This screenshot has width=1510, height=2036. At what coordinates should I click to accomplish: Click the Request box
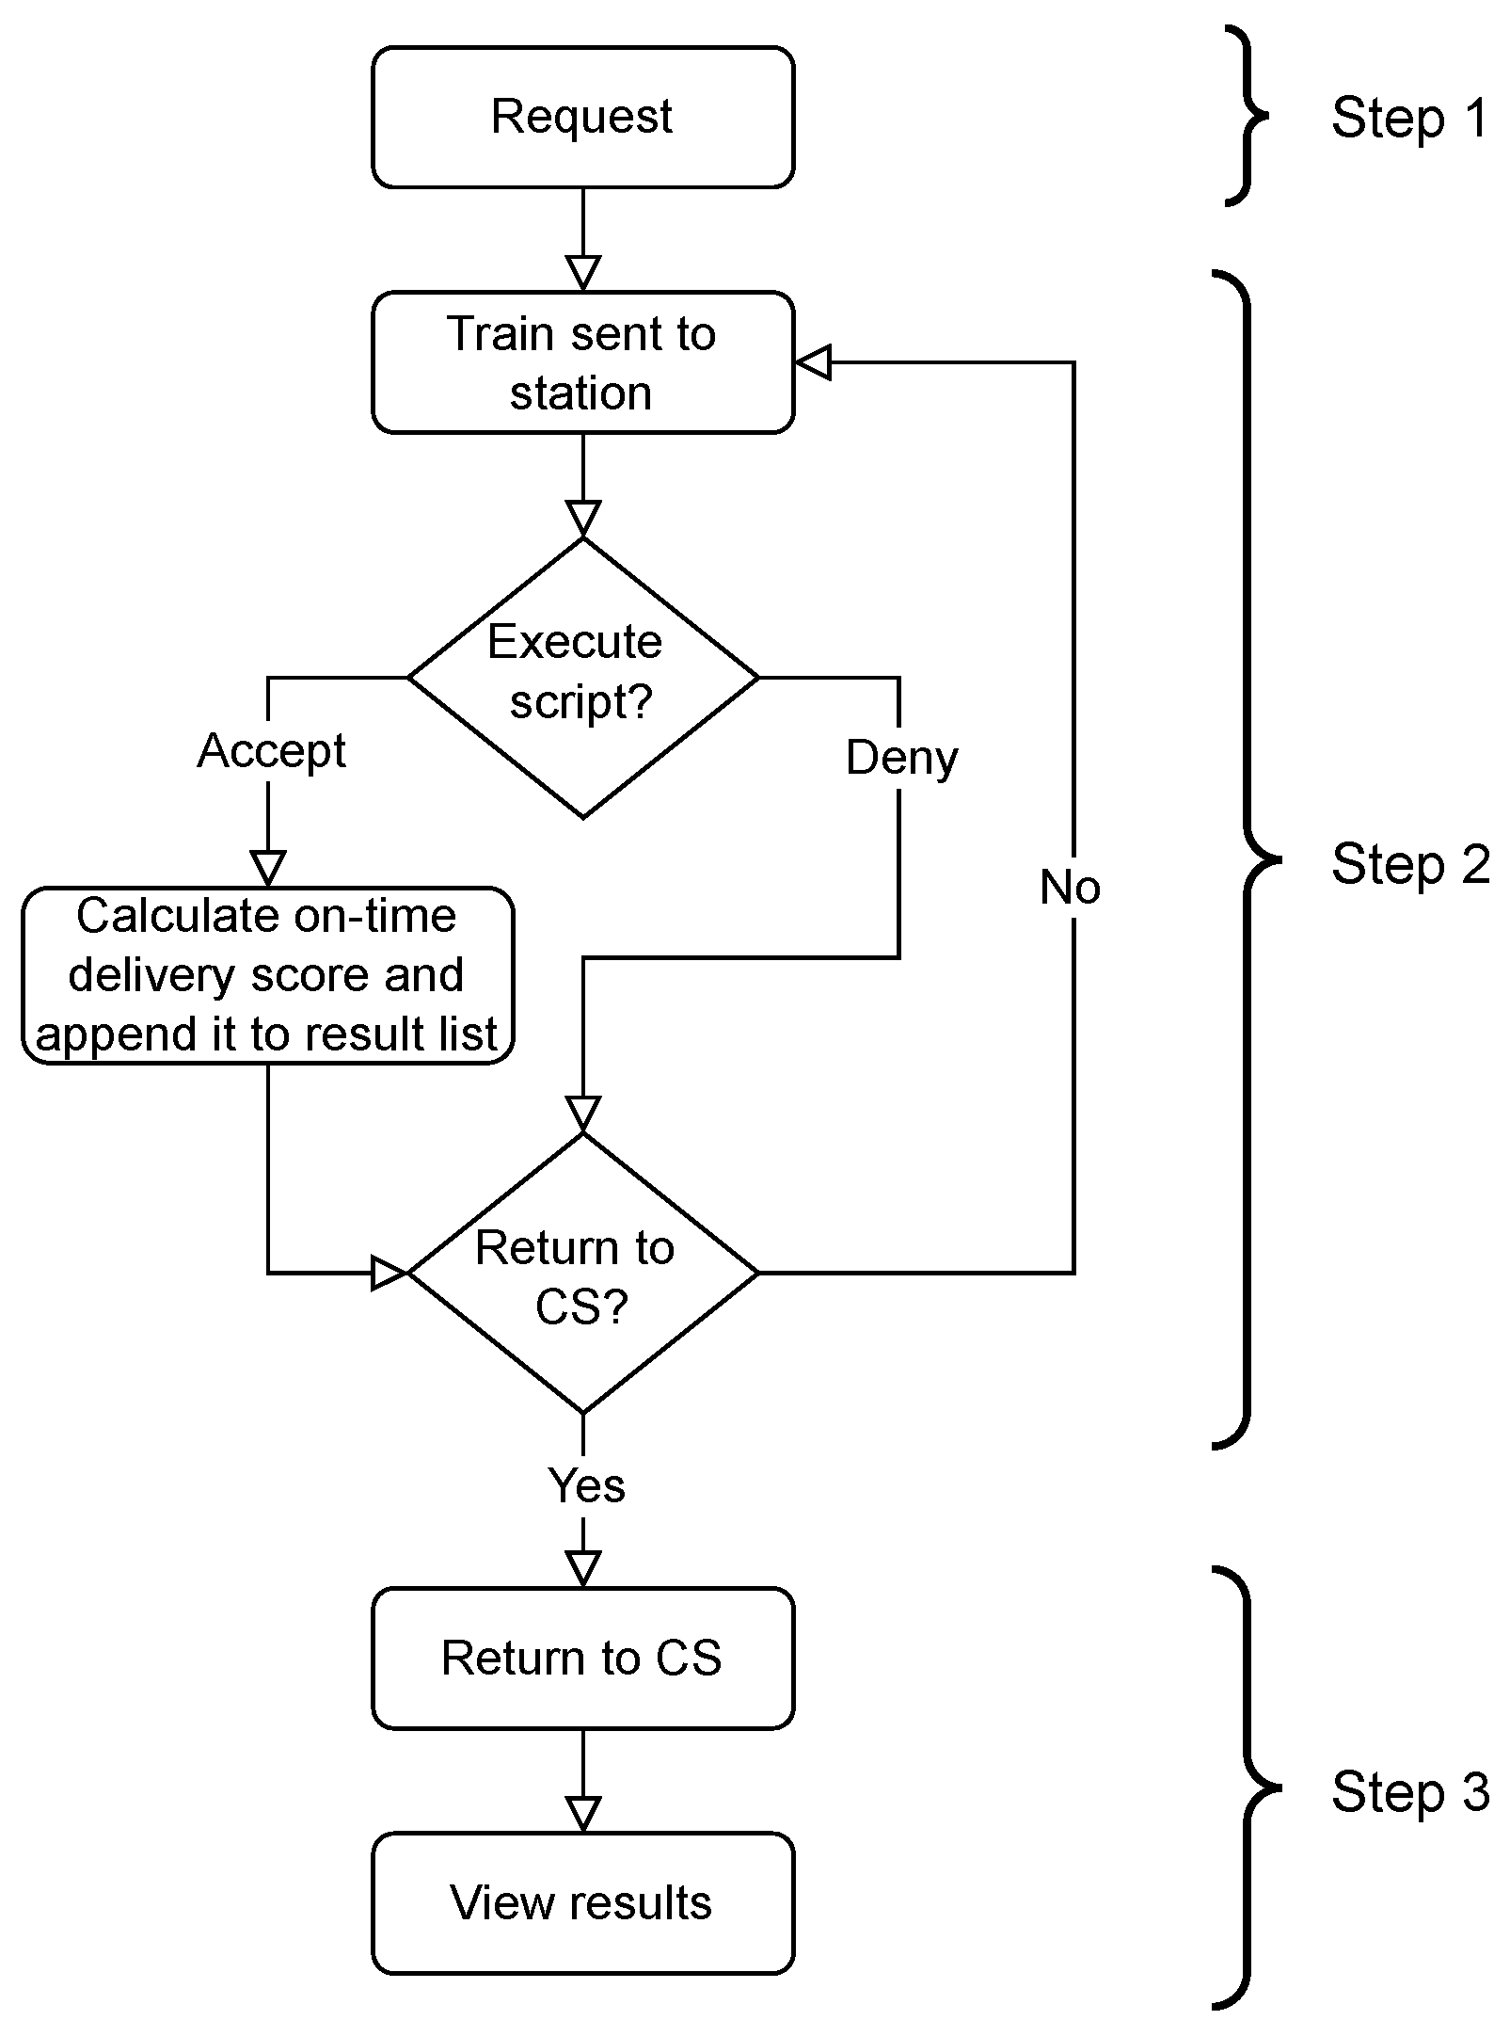pyautogui.click(x=582, y=118)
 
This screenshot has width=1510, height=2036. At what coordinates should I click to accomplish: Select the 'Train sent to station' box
pyautogui.click(x=582, y=362)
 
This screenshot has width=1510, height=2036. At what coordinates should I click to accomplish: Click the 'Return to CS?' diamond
pyautogui.click(x=582, y=1273)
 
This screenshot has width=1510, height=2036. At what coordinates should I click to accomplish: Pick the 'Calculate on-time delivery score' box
pyautogui.click(x=268, y=975)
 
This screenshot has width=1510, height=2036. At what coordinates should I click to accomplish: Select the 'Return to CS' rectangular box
pyautogui.click(x=582, y=1658)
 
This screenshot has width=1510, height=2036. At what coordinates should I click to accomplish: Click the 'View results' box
pyautogui.click(x=582, y=1902)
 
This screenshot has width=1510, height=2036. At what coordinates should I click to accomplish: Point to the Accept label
pyautogui.click(x=271, y=751)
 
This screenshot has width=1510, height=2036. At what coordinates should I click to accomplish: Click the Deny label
pyautogui.click(x=901, y=758)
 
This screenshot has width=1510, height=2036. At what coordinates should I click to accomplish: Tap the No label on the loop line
pyautogui.click(x=1070, y=887)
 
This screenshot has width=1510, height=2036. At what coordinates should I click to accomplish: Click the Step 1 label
pyautogui.click(x=1408, y=119)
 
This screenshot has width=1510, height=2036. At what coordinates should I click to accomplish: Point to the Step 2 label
pyautogui.click(x=1408, y=864)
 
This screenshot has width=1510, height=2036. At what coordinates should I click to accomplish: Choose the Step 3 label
pyautogui.click(x=1408, y=1791)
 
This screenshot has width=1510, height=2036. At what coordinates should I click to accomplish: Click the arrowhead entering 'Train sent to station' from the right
pyautogui.click(x=814, y=362)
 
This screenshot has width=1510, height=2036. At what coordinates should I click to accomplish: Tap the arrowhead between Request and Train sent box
pyautogui.click(x=583, y=273)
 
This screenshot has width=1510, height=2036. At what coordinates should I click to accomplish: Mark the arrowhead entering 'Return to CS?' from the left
pyautogui.click(x=389, y=1273)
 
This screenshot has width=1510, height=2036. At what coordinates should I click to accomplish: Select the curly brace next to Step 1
pyautogui.click(x=1247, y=117)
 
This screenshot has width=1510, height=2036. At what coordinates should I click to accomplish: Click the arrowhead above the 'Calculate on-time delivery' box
pyautogui.click(x=268, y=868)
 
